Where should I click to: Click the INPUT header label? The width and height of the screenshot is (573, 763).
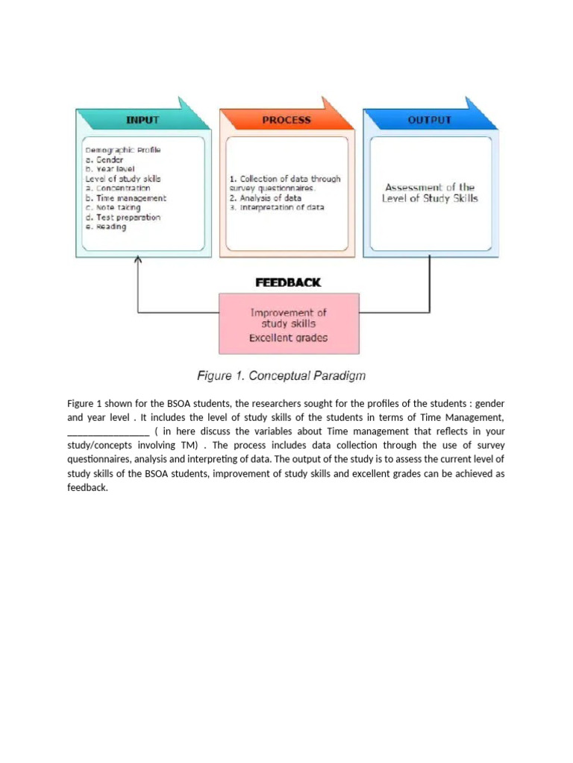click(x=142, y=120)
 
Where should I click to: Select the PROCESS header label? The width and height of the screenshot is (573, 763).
click(x=286, y=120)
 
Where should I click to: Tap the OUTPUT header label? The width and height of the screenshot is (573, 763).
click(x=429, y=120)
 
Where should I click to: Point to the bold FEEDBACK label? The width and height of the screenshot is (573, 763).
click(x=288, y=282)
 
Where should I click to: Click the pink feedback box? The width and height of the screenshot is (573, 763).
click(x=288, y=323)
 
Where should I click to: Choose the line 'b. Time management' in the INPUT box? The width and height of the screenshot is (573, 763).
click(x=125, y=198)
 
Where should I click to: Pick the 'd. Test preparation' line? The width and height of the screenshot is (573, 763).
click(x=122, y=218)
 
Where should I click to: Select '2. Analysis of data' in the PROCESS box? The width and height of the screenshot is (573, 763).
click(x=266, y=198)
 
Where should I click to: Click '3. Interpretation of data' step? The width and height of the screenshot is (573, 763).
click(x=277, y=208)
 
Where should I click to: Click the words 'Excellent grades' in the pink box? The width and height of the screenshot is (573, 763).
click(x=288, y=338)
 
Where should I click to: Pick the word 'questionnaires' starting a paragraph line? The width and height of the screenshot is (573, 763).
click(x=98, y=460)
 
